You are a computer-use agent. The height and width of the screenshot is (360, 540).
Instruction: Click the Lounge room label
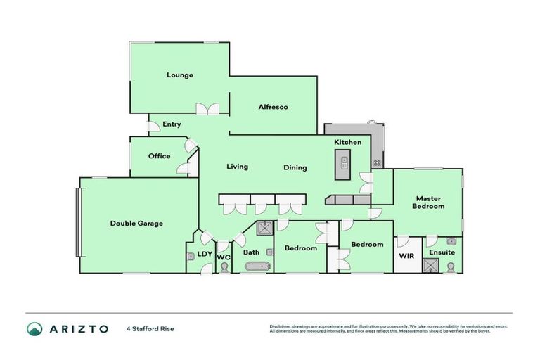click(x=179, y=75)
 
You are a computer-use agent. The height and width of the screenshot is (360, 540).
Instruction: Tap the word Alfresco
click(x=274, y=107)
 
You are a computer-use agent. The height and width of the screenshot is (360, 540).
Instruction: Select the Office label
click(x=159, y=156)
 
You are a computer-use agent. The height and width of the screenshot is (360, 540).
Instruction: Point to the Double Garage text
click(x=136, y=224)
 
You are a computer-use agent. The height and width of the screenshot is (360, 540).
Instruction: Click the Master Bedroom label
click(x=428, y=202)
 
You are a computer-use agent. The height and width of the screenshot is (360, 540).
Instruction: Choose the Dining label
click(x=295, y=167)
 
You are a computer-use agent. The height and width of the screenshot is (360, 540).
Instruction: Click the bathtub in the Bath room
click(x=256, y=266)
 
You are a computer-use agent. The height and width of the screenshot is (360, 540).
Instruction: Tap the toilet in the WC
click(x=224, y=267)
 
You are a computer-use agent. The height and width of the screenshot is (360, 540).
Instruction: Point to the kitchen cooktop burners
click(x=377, y=162)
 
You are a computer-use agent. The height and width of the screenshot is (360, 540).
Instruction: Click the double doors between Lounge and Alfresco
click(x=208, y=109)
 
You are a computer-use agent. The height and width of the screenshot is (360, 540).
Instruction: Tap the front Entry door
click(x=152, y=127)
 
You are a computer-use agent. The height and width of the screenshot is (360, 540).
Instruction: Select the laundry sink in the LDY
click(x=191, y=257)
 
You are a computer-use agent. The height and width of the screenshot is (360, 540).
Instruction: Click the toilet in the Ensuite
click(x=451, y=266)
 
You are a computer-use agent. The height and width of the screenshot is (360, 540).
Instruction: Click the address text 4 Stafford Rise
click(x=150, y=328)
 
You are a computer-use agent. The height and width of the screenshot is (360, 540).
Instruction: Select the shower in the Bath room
click(x=265, y=227)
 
